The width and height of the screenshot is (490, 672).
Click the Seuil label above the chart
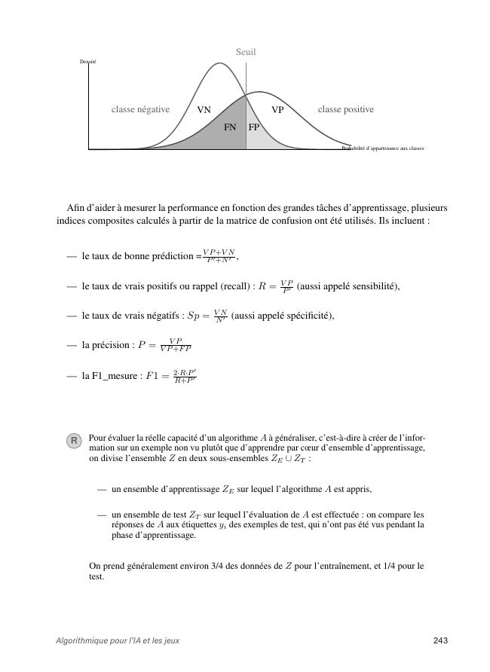(x=246, y=52)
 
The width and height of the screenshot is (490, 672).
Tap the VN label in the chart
(x=204, y=110)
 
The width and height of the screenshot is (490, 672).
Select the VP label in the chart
(x=277, y=110)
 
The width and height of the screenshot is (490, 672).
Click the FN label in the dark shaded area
(x=230, y=128)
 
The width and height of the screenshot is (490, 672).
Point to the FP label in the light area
(x=254, y=128)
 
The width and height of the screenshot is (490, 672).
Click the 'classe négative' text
(x=140, y=110)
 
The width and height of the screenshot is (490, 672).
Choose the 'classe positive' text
(x=345, y=110)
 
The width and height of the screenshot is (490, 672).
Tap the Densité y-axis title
(x=88, y=61)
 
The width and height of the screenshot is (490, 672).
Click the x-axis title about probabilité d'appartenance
(x=383, y=148)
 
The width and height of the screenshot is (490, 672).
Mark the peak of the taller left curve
(x=219, y=63)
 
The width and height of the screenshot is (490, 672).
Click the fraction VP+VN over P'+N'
(x=219, y=255)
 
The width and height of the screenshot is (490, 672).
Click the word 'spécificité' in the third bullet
(x=308, y=316)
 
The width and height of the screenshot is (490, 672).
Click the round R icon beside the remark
(x=74, y=441)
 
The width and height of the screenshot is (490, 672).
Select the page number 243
(x=441, y=640)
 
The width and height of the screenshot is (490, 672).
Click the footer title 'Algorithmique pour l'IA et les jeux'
(x=118, y=640)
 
